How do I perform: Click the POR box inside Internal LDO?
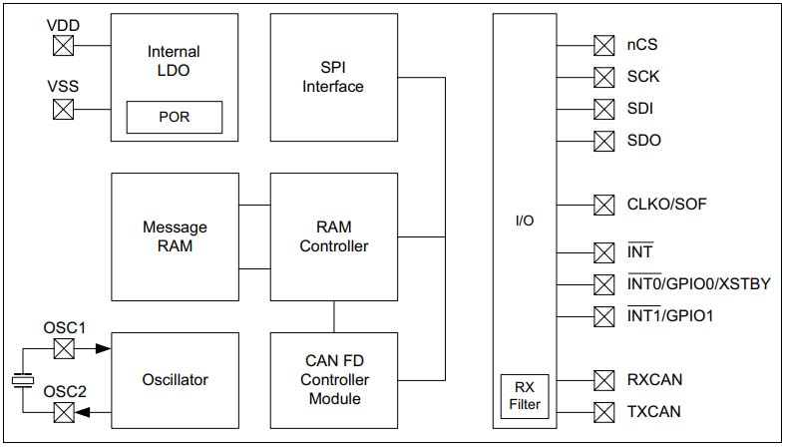[174, 117]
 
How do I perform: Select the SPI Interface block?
[333, 78]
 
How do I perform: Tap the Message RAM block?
[175, 236]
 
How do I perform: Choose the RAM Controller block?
[333, 236]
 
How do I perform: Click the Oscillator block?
[175, 379]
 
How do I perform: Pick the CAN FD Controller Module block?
[333, 380]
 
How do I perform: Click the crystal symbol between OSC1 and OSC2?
[21, 380]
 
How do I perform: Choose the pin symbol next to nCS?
[603, 45]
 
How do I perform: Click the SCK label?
[642, 77]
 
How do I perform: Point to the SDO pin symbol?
[603, 141]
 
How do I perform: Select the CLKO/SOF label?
[667, 205]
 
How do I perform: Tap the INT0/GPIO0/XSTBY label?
[698, 283]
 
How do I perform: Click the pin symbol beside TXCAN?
[603, 411]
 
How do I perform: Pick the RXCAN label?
[654, 379]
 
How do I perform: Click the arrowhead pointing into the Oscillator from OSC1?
[103, 348]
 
